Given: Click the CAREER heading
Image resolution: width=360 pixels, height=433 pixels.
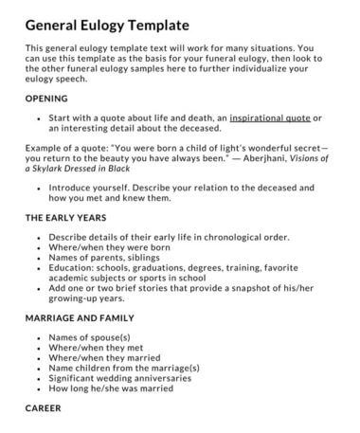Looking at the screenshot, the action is coord(45,407).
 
